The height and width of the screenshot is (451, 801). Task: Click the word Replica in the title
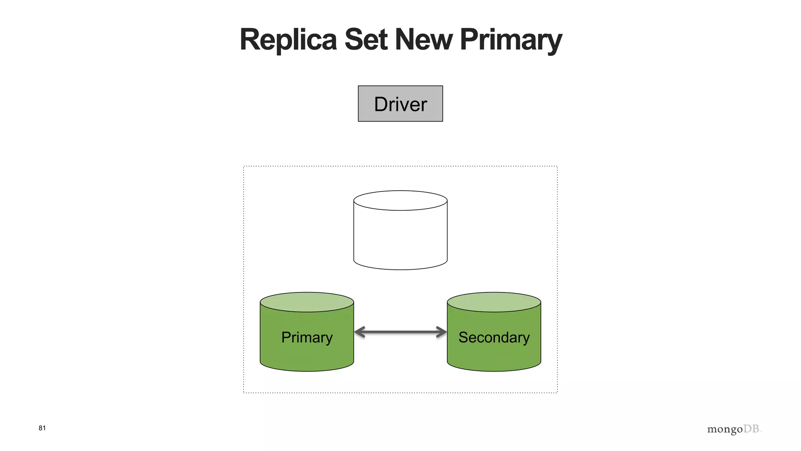pyautogui.click(x=288, y=40)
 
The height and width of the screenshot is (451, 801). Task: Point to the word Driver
pyautogui.click(x=400, y=105)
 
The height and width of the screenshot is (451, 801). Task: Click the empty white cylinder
pyautogui.click(x=400, y=239)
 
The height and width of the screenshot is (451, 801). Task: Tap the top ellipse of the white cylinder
pyautogui.click(x=400, y=200)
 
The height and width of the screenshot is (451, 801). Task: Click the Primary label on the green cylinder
pyautogui.click(x=307, y=337)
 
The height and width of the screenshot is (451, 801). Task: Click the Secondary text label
pyautogui.click(x=494, y=337)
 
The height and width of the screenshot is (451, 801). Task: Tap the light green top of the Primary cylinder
pyautogui.click(x=307, y=302)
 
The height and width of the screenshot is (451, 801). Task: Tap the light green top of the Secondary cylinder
pyautogui.click(x=494, y=302)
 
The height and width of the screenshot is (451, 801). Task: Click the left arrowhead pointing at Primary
pyautogui.click(x=359, y=332)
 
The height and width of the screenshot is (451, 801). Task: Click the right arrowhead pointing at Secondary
pyautogui.click(x=442, y=332)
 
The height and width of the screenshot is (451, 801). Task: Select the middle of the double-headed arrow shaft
pyautogui.click(x=400, y=332)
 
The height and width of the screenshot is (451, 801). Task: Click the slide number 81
pyautogui.click(x=42, y=428)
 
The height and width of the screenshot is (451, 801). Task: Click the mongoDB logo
pyautogui.click(x=734, y=429)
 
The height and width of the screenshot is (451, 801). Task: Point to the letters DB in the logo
pyautogui.click(x=751, y=429)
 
